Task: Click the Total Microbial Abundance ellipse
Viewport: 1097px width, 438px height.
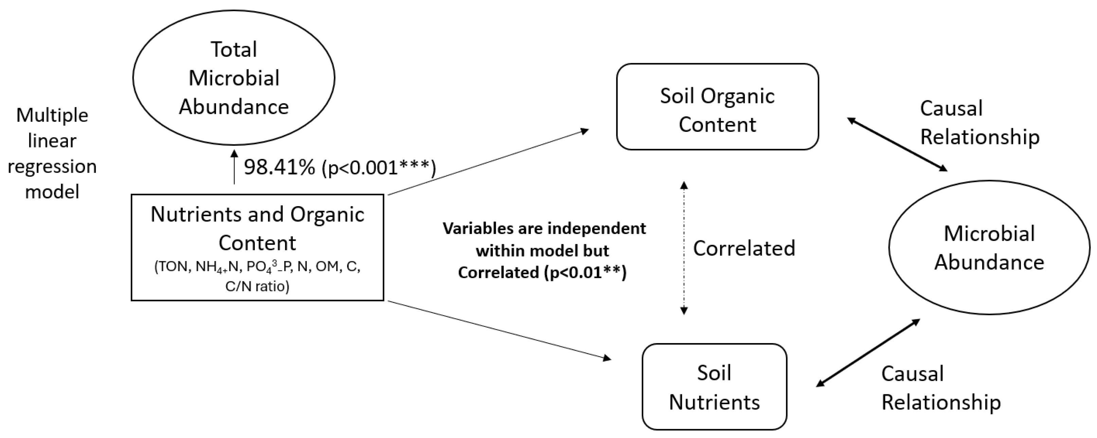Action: click(x=233, y=78)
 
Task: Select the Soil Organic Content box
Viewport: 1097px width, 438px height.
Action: click(x=717, y=107)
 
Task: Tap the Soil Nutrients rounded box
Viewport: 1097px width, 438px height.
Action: click(x=714, y=386)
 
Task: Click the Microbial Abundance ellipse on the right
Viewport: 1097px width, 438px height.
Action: click(x=989, y=248)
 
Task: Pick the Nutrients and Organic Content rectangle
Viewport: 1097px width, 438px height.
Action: click(x=257, y=247)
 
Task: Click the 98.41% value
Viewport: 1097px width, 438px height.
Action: click(x=279, y=167)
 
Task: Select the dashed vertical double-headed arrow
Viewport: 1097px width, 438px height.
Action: click(x=684, y=248)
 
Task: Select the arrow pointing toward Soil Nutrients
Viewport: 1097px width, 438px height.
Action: click(x=498, y=330)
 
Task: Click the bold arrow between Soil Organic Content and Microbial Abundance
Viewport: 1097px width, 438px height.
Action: click(x=897, y=144)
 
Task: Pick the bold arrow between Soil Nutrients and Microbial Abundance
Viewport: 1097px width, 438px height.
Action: click(x=868, y=353)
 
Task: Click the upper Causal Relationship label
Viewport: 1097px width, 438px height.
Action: click(x=979, y=122)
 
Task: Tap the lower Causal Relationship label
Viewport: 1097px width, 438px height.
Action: click(x=940, y=388)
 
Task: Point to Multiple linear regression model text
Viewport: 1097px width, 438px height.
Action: click(x=52, y=154)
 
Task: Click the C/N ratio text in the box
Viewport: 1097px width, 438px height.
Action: click(x=257, y=286)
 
